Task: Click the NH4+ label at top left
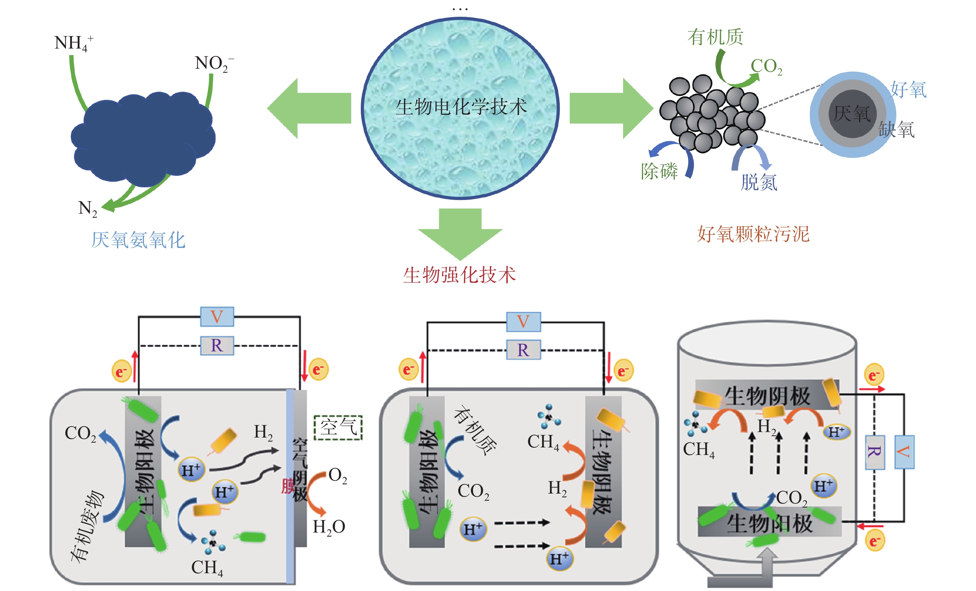click(73, 43)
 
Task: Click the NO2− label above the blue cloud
click(213, 63)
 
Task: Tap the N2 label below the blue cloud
click(87, 208)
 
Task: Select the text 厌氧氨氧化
click(138, 240)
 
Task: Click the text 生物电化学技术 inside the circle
click(461, 107)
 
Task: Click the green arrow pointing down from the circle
click(460, 233)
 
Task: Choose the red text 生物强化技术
click(460, 275)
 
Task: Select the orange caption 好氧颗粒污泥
click(753, 234)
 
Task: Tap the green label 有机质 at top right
click(715, 37)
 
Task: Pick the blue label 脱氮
click(759, 183)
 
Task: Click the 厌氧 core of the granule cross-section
click(852, 114)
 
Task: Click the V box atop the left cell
click(217, 317)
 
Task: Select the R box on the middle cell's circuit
click(523, 350)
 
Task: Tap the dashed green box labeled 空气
click(338, 428)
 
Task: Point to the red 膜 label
click(287, 486)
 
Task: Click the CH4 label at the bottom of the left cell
click(207, 568)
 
